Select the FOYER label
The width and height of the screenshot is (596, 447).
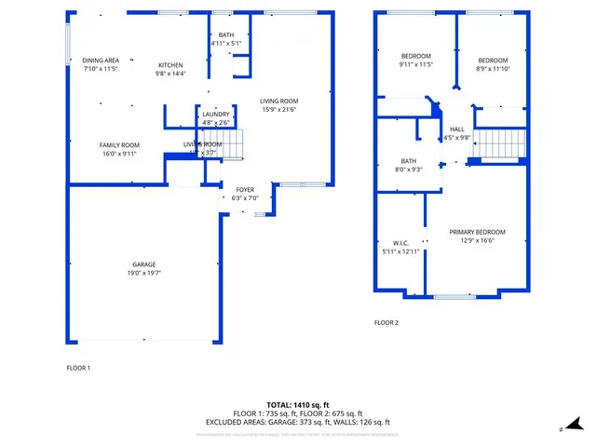point(245,189)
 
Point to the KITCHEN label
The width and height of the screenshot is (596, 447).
point(171,64)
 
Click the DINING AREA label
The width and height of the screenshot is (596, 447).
point(101,61)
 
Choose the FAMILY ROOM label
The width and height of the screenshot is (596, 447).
point(119,144)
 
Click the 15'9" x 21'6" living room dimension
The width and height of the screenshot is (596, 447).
point(278,110)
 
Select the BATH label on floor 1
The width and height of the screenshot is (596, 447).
point(226,34)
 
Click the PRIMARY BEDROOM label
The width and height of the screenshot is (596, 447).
point(477,232)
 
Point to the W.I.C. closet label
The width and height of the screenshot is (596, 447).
point(401,243)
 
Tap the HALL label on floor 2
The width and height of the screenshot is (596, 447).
point(456,129)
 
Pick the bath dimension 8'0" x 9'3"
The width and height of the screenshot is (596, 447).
point(410,169)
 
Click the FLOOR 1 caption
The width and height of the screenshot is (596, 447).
point(78,369)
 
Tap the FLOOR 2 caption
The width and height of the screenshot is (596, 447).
point(386,323)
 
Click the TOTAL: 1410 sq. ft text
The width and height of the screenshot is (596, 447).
point(297,405)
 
